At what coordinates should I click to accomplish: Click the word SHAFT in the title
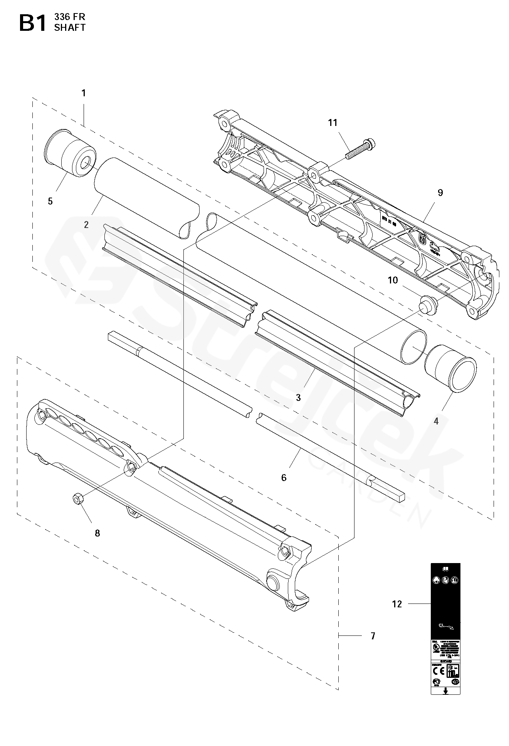[x=70, y=27]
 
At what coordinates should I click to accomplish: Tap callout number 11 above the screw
[x=333, y=122]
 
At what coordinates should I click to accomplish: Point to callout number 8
[x=97, y=533]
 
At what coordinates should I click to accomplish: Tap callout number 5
[x=50, y=201]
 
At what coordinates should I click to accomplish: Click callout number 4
[x=436, y=421]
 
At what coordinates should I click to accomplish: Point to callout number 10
[x=393, y=280]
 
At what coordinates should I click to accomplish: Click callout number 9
[x=440, y=193]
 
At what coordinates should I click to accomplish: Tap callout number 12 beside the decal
[x=397, y=604]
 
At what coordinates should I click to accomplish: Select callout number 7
[x=373, y=636]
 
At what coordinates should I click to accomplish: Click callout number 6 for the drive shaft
[x=284, y=478]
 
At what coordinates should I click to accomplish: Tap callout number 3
[x=298, y=398]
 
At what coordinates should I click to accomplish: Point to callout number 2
[x=86, y=225]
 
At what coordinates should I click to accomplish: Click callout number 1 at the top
[x=84, y=93]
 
